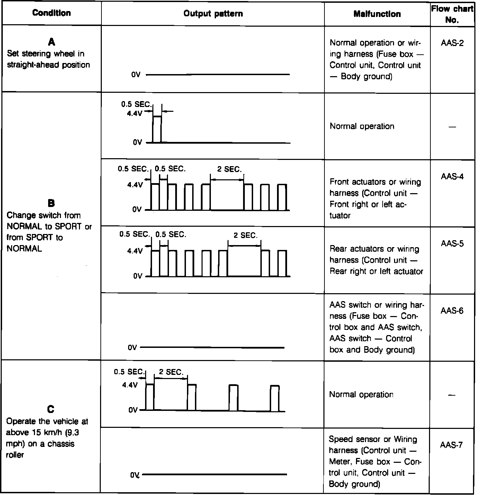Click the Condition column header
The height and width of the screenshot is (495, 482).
coord(51,13)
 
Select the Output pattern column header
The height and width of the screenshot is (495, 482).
coord(213,14)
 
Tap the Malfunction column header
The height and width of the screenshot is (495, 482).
coord(377,14)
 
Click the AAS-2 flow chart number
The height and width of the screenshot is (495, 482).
coord(452,43)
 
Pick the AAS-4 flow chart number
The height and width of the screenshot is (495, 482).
coord(452,177)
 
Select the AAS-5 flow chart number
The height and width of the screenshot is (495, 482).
coord(452,244)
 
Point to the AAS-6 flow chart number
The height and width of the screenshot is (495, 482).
coord(452,311)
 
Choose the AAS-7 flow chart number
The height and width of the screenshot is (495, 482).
coord(452,445)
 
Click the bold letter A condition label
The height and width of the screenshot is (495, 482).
coord(51,42)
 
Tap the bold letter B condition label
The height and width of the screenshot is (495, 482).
coord(51,203)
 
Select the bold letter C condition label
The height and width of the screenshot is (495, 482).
coord(51,409)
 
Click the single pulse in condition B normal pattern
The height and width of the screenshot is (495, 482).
coord(157,129)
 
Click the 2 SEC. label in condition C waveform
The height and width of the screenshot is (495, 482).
coord(171,372)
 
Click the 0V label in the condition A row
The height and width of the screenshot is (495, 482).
coord(136,75)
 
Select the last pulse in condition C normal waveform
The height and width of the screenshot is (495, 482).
coord(275,398)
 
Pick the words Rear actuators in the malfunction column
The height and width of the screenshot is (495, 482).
coord(357,249)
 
